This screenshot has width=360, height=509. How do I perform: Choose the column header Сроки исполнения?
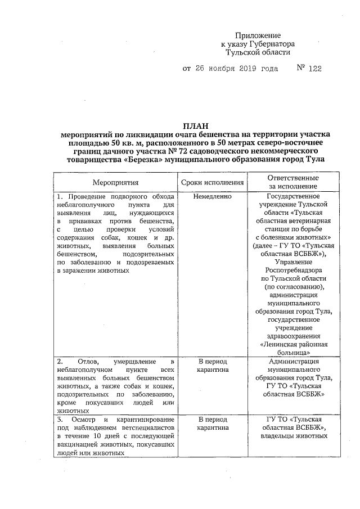(x=213, y=182)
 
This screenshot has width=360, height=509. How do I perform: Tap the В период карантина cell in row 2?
(x=213, y=366)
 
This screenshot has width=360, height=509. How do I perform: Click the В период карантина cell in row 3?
(x=213, y=424)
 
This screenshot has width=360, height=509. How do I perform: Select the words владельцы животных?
(x=292, y=436)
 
